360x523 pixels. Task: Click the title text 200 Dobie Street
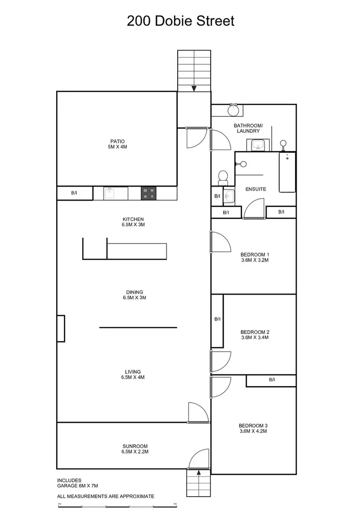coord(180,21)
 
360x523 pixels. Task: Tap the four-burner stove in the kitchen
coord(148,193)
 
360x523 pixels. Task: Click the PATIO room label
coord(117,141)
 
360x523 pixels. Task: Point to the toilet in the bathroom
coord(223,178)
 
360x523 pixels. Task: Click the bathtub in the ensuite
coord(287,172)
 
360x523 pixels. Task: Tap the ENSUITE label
coord(255,189)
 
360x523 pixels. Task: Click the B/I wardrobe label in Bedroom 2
coord(217,319)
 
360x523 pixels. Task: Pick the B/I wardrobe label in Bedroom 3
coord(272,380)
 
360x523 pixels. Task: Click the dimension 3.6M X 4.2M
coord(252,431)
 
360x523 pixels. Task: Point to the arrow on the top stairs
coord(194,88)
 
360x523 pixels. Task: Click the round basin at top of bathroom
coord(233,110)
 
